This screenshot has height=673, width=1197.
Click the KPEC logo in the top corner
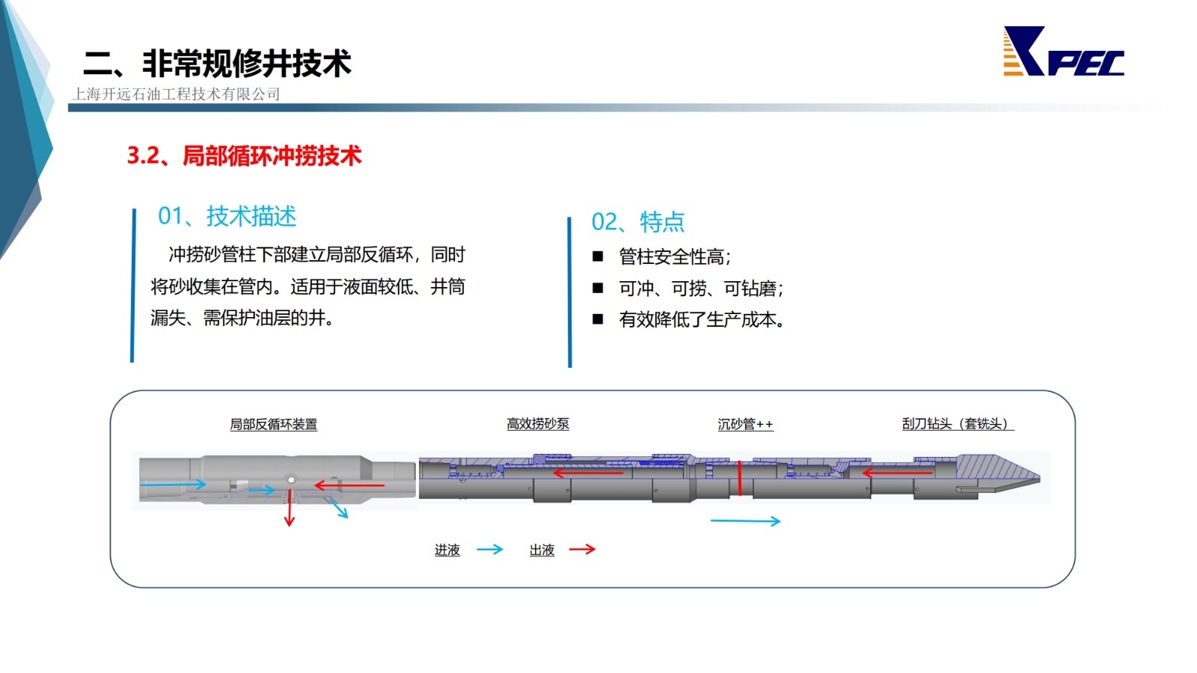click(x=1063, y=52)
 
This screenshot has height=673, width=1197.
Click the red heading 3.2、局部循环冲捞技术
click(x=244, y=156)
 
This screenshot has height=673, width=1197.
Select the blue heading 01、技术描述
click(x=227, y=216)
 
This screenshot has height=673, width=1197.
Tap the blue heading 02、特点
click(x=637, y=221)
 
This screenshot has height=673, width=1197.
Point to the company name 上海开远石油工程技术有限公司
click(x=177, y=94)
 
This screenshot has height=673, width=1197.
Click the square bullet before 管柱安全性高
click(x=598, y=256)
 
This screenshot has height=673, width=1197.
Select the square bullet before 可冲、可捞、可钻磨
click(x=598, y=288)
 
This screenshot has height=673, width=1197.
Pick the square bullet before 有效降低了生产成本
click(x=598, y=319)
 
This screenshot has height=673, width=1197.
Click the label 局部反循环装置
click(x=274, y=425)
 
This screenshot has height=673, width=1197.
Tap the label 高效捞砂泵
click(x=538, y=424)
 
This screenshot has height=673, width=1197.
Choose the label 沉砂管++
click(x=745, y=424)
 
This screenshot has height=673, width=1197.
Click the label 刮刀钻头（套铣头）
click(x=958, y=424)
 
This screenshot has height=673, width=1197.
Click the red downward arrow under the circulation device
click(x=290, y=508)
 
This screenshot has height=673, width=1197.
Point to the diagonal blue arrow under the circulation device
click(x=337, y=508)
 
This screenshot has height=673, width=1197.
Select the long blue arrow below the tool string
click(x=745, y=520)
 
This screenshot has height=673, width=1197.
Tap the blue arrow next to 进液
click(x=490, y=549)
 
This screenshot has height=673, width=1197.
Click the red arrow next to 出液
click(x=583, y=549)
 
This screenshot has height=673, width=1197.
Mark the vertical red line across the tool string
click(x=740, y=478)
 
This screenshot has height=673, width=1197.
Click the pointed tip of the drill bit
click(x=1039, y=476)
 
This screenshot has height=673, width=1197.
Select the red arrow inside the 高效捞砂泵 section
click(x=588, y=473)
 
